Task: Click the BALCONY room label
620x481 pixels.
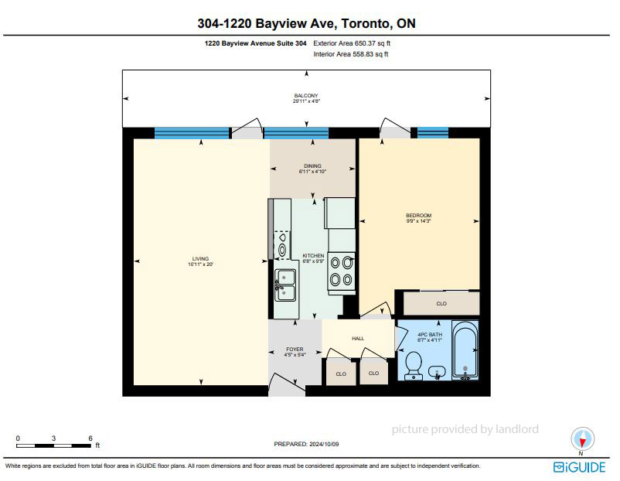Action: click(x=305, y=96)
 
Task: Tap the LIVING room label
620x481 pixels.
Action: click(x=200, y=259)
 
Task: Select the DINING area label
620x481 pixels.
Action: click(x=312, y=166)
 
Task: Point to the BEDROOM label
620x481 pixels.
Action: click(x=418, y=216)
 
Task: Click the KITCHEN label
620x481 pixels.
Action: click(x=313, y=256)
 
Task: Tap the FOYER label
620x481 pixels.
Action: click(x=295, y=350)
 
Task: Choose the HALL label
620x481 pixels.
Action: click(x=358, y=339)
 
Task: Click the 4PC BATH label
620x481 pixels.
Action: click(x=430, y=335)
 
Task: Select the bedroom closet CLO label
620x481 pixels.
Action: click(x=441, y=304)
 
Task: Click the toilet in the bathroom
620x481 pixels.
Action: click(x=414, y=366)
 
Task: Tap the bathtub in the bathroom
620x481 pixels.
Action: click(x=465, y=350)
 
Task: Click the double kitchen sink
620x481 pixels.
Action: click(x=285, y=285)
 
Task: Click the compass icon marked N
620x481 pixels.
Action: click(x=582, y=439)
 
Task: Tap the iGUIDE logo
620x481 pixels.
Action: click(x=579, y=467)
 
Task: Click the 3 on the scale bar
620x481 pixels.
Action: click(x=53, y=438)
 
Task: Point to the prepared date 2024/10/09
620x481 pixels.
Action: click(x=324, y=444)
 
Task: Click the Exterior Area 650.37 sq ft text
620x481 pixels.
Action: click(x=352, y=43)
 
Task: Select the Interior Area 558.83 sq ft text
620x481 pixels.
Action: click(x=351, y=54)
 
